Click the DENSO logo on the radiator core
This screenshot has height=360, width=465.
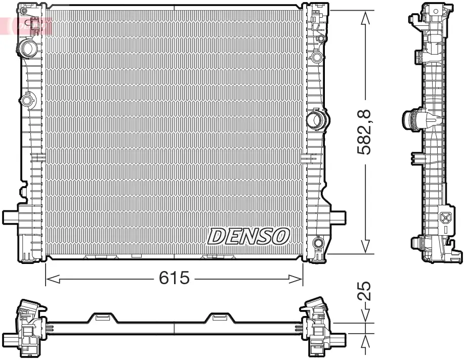[x=248, y=236]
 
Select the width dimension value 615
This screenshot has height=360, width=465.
[x=174, y=278]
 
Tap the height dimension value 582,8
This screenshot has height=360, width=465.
[x=364, y=133]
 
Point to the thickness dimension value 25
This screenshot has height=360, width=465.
[x=365, y=292]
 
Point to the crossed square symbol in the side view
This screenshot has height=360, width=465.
[x=446, y=218]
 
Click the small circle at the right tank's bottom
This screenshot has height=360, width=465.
[x=318, y=244]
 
